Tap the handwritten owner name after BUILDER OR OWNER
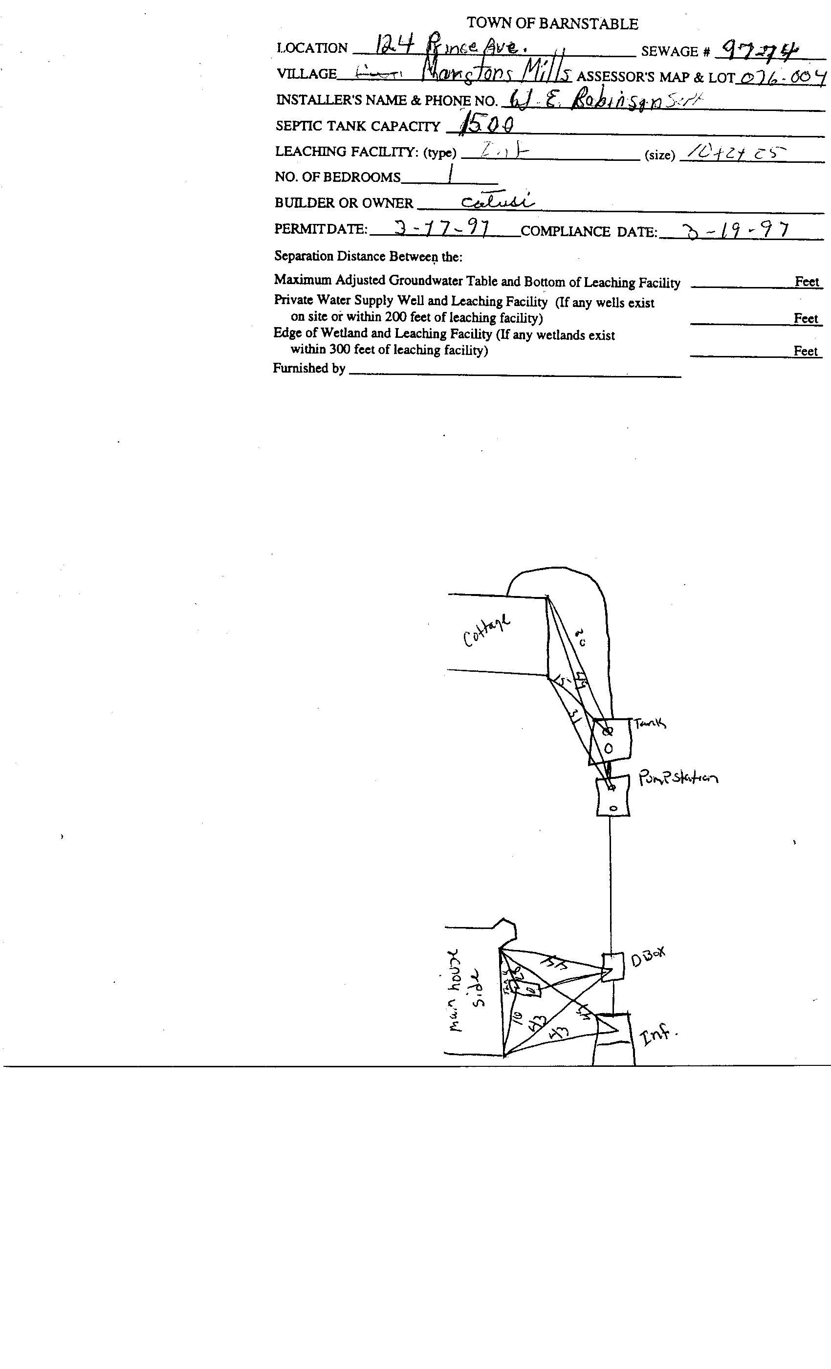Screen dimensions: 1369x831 (497, 201)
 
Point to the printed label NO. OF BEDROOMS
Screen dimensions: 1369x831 (337, 177)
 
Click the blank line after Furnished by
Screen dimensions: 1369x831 (514, 375)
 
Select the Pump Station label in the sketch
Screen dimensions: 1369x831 (678, 777)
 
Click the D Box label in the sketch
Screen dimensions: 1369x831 (648, 956)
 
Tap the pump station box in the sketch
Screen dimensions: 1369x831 (612, 797)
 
